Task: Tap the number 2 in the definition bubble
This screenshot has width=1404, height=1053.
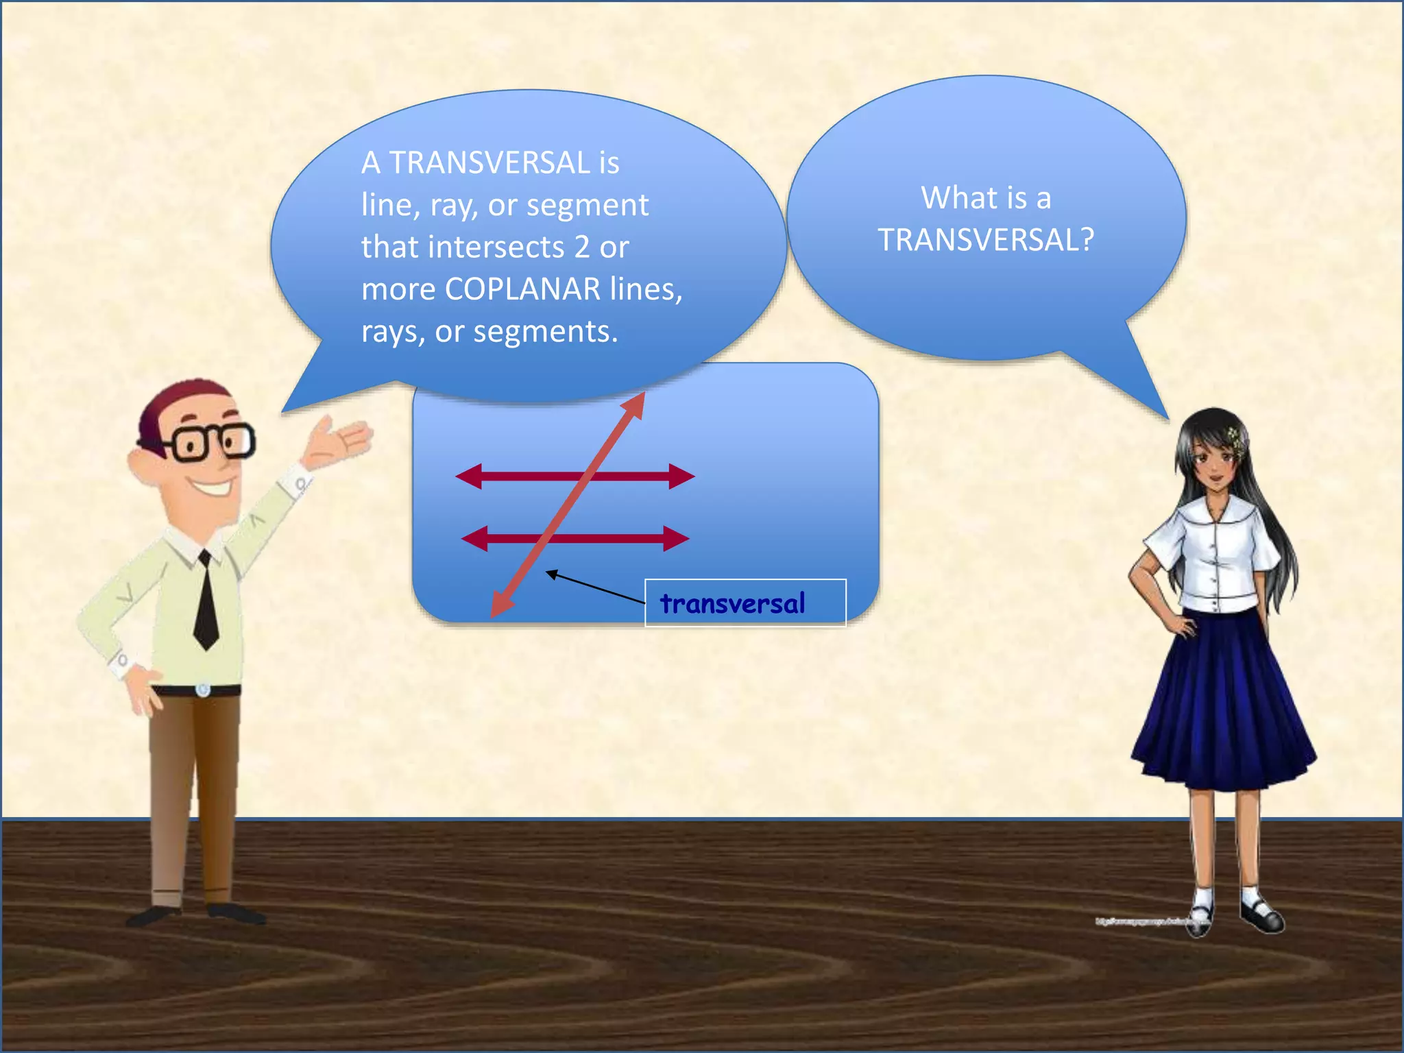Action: pyautogui.click(x=581, y=247)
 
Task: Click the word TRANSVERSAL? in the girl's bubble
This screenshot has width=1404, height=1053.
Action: pyautogui.click(x=986, y=240)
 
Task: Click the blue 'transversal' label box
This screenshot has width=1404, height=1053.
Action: pyautogui.click(x=745, y=603)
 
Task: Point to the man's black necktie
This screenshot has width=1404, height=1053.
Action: pyautogui.click(x=206, y=603)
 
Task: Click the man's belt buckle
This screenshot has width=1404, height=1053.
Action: pyautogui.click(x=202, y=689)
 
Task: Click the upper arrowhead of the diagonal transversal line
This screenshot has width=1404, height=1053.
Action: pyautogui.click(x=636, y=405)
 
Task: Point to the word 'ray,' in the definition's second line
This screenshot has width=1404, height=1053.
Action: pyautogui.click(x=454, y=205)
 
